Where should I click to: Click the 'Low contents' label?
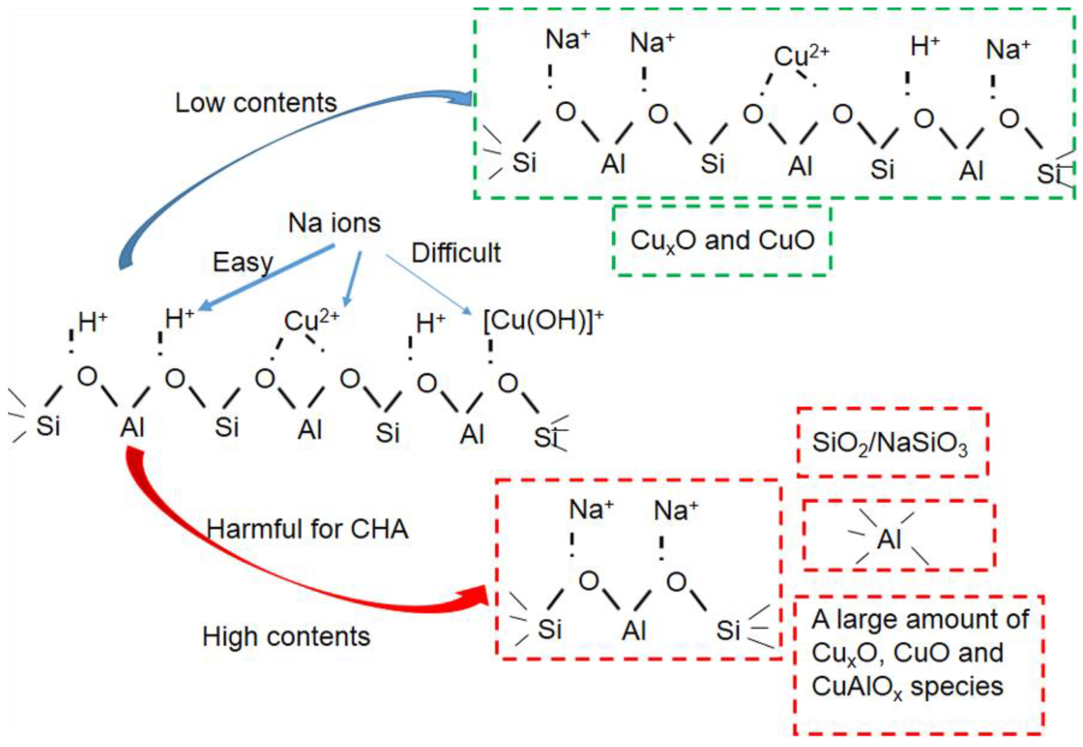click(256, 103)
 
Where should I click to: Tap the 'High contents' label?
click(286, 637)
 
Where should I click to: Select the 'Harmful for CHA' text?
click(307, 530)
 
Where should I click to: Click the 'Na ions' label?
click(334, 223)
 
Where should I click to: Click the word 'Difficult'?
click(455, 253)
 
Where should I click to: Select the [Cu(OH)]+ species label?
click(543, 321)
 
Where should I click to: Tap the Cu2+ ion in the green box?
click(801, 56)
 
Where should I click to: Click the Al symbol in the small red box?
click(889, 540)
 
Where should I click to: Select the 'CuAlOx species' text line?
click(907, 687)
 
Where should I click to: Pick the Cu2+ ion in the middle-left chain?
click(311, 321)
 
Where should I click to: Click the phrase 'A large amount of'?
click(920, 619)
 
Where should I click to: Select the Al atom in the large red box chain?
click(634, 630)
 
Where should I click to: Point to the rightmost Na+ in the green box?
click(1008, 49)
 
